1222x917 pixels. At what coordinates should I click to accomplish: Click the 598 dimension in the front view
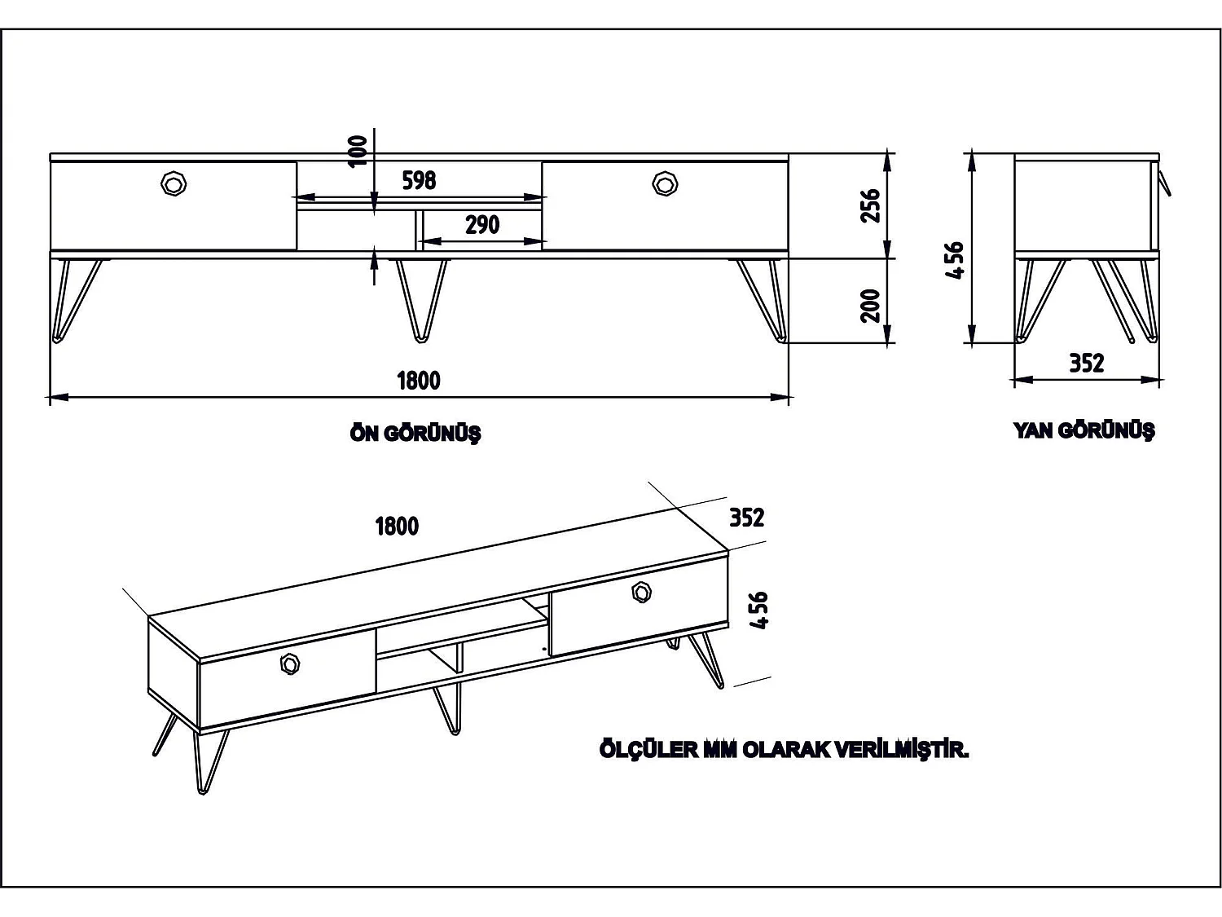coord(419,180)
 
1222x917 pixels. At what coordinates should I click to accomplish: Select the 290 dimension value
coord(482,225)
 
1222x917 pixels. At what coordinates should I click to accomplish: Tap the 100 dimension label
coord(358,151)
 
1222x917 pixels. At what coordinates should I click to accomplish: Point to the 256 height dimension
coord(870,206)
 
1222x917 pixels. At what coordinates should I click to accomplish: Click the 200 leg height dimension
coord(870,306)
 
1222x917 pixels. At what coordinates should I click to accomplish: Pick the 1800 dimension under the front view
coord(418,381)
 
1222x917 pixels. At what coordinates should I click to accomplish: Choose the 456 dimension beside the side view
coord(954,260)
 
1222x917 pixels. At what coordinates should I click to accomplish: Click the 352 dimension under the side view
coord(1086,363)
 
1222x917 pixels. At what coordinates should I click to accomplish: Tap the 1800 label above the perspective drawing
coord(397,526)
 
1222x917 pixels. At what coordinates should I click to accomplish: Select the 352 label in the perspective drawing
coord(746,518)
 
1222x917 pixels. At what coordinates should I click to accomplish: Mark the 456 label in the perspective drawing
coord(758,611)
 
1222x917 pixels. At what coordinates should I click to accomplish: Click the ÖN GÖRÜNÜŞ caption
coord(415,433)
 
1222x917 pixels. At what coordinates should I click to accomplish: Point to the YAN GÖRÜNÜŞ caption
coord(1084,430)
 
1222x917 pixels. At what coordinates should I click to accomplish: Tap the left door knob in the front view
coord(174,183)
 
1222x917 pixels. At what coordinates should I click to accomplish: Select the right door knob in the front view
coord(665,183)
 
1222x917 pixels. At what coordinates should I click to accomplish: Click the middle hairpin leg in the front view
coord(421,300)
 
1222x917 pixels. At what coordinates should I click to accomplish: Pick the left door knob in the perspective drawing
coord(290,664)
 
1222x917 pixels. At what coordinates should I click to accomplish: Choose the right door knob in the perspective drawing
coord(641,592)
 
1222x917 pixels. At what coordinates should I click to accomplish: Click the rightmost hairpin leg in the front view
coord(762,301)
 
